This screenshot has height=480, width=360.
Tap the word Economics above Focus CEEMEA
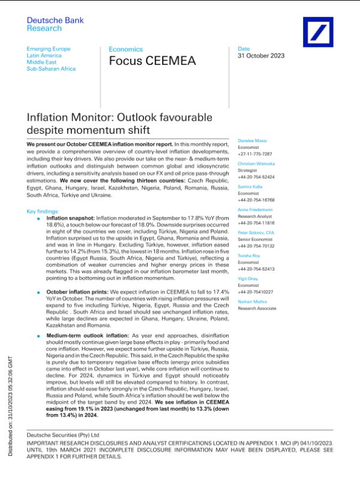pyautogui.click(x=125, y=49)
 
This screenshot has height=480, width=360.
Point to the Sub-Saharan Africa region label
pyautogui.click(x=52, y=69)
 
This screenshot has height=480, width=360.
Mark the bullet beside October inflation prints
pyautogui.click(x=38, y=290)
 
